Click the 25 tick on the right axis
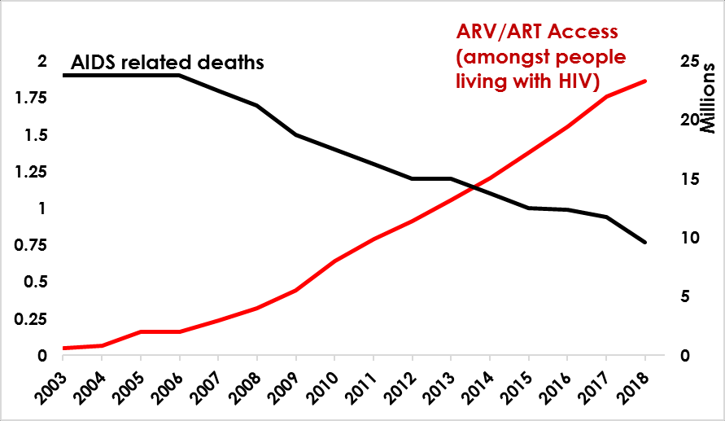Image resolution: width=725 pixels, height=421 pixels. point(689,62)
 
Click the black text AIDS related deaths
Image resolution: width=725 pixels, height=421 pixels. point(168,62)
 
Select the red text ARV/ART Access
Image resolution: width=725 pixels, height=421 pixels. point(536,33)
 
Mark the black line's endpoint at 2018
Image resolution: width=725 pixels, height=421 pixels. point(645,243)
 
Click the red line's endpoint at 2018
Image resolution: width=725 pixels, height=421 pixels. point(645,81)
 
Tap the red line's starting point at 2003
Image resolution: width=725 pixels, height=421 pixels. point(63,348)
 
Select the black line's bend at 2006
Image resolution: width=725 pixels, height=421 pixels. point(180,76)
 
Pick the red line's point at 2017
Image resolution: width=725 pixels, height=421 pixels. point(606,96)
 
